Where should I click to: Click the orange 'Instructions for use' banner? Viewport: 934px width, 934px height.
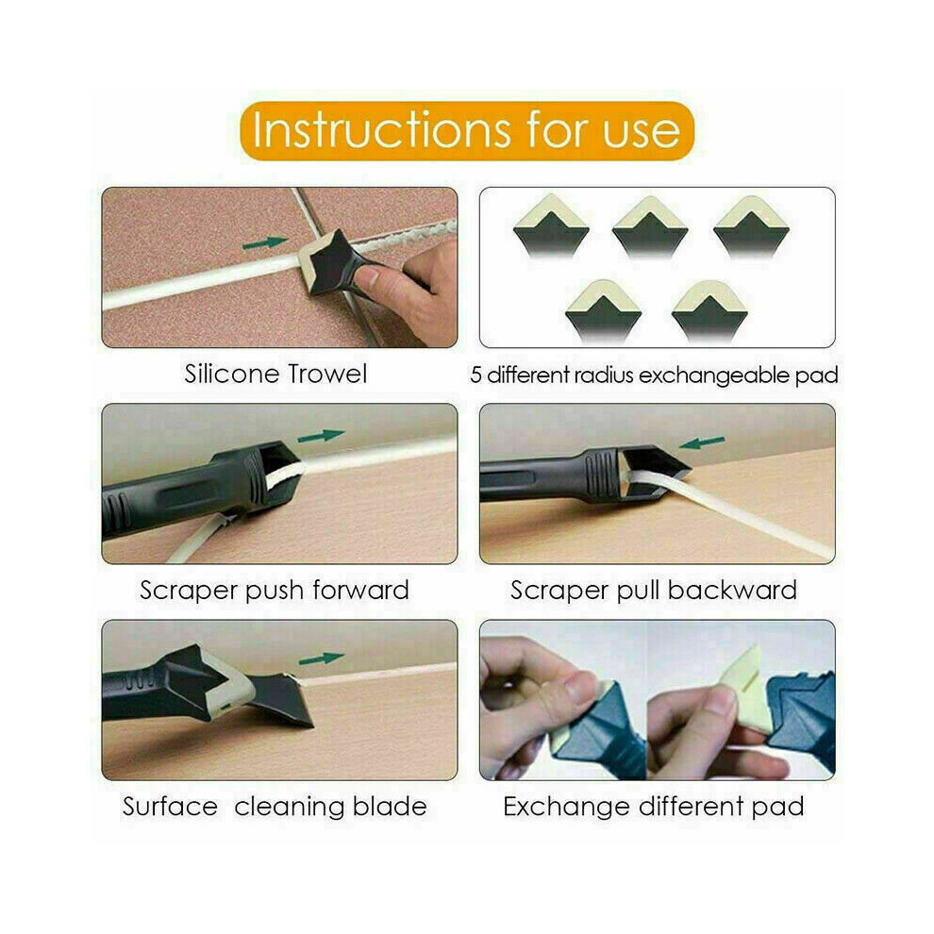(x=467, y=130)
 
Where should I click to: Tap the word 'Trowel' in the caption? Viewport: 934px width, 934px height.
(x=327, y=375)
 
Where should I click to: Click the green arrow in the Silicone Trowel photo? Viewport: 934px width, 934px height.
(x=265, y=242)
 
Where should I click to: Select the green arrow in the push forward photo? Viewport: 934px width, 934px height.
(x=321, y=436)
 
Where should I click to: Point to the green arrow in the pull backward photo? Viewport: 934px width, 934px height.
(x=702, y=442)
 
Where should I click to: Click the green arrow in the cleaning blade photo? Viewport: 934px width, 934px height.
(x=321, y=659)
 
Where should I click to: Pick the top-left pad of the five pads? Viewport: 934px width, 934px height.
(x=551, y=225)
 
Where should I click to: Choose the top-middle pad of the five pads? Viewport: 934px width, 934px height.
(x=650, y=226)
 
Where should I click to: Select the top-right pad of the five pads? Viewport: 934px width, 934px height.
(x=751, y=226)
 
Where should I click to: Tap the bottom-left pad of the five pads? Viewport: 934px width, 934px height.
(x=603, y=311)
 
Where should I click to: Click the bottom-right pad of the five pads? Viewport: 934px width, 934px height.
(x=709, y=311)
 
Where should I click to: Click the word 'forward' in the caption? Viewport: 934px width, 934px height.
(x=361, y=591)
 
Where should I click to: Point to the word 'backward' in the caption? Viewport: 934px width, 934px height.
(x=732, y=591)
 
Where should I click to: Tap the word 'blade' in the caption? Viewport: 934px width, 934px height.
(x=391, y=807)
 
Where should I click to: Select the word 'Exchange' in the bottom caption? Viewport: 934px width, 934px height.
(x=566, y=808)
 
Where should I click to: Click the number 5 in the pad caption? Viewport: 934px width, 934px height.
(x=475, y=375)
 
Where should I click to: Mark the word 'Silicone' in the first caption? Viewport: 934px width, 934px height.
(x=231, y=375)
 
